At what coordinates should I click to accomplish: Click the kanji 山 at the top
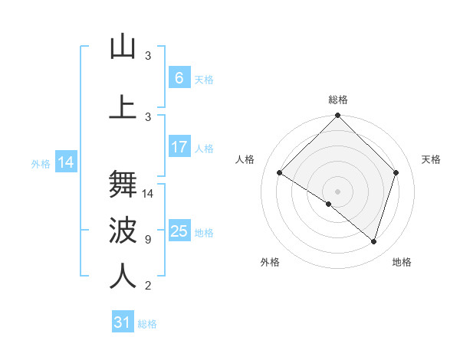click(123, 47)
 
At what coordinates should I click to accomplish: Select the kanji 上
click(123, 106)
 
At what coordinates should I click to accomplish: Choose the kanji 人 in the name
click(123, 277)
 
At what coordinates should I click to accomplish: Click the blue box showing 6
click(179, 78)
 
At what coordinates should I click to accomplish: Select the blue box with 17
click(179, 147)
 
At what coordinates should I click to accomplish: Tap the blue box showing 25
click(179, 231)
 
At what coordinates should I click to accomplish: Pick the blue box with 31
click(123, 322)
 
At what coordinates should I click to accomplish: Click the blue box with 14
click(65, 162)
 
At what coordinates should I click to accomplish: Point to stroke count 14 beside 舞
click(149, 194)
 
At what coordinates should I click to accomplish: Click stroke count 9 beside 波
click(148, 240)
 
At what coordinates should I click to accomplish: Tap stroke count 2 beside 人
click(148, 286)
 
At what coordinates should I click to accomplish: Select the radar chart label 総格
click(338, 100)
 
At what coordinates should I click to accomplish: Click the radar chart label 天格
click(431, 159)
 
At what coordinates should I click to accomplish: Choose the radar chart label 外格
click(270, 262)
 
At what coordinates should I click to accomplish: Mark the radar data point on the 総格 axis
click(337, 116)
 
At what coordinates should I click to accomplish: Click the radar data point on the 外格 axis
click(329, 204)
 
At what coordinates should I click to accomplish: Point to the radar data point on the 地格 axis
click(373, 241)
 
